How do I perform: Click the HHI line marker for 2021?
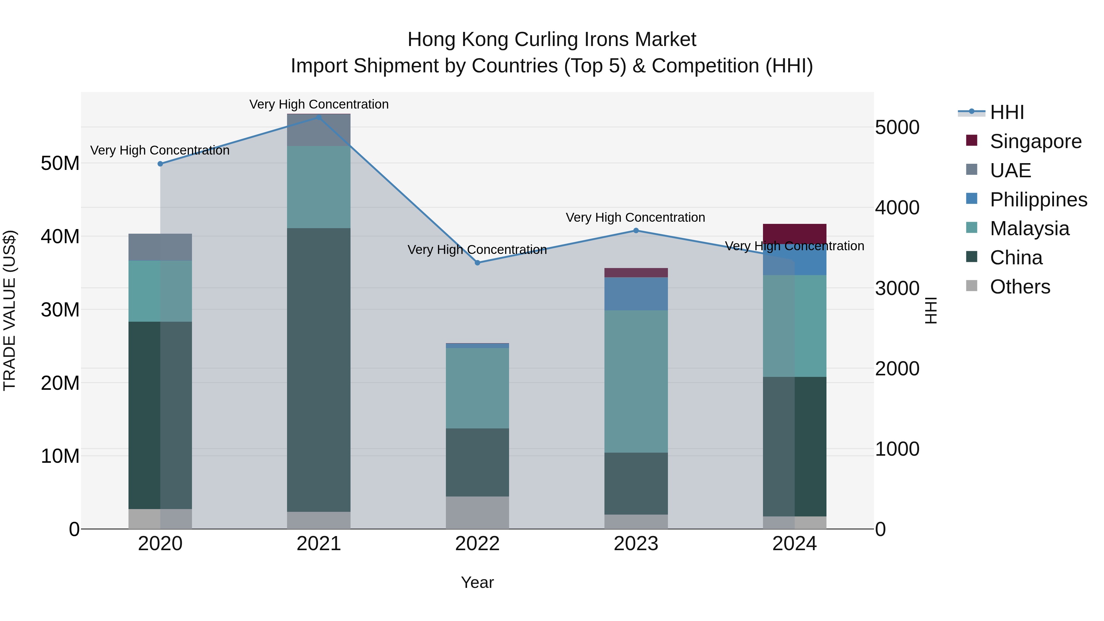pos(318,117)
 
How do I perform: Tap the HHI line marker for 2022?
pos(477,263)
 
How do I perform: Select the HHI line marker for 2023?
pos(636,231)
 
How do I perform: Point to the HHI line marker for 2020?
pos(160,164)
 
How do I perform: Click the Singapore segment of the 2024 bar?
pos(794,234)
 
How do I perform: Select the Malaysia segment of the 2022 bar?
pos(477,388)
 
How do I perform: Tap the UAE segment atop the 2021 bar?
pos(318,130)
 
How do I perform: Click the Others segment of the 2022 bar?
pos(477,512)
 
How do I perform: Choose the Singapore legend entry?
pos(1035,141)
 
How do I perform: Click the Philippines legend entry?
pos(1038,200)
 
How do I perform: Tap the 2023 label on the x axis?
pos(636,544)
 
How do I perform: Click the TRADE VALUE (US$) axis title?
pos(10,310)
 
